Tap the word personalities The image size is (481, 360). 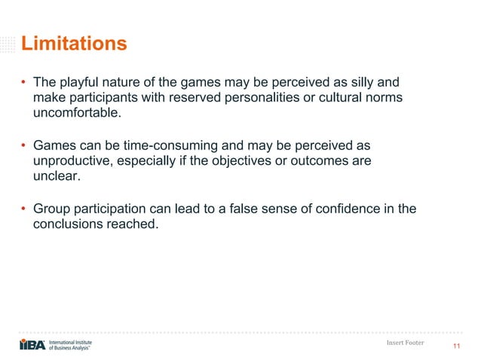pyautogui.click(x=236, y=98)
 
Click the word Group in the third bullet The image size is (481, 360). pyautogui.click(x=51, y=208)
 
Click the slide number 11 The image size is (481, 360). pyautogui.click(x=456, y=346)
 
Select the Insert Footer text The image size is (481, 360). pyautogui.click(x=404, y=343)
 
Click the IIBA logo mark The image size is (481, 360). pyautogui.click(x=32, y=344)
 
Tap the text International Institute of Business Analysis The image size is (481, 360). pyautogui.click(x=75, y=344)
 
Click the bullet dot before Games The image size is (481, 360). pyautogui.click(x=23, y=145)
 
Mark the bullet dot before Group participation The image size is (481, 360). pyautogui.click(x=23, y=209)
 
